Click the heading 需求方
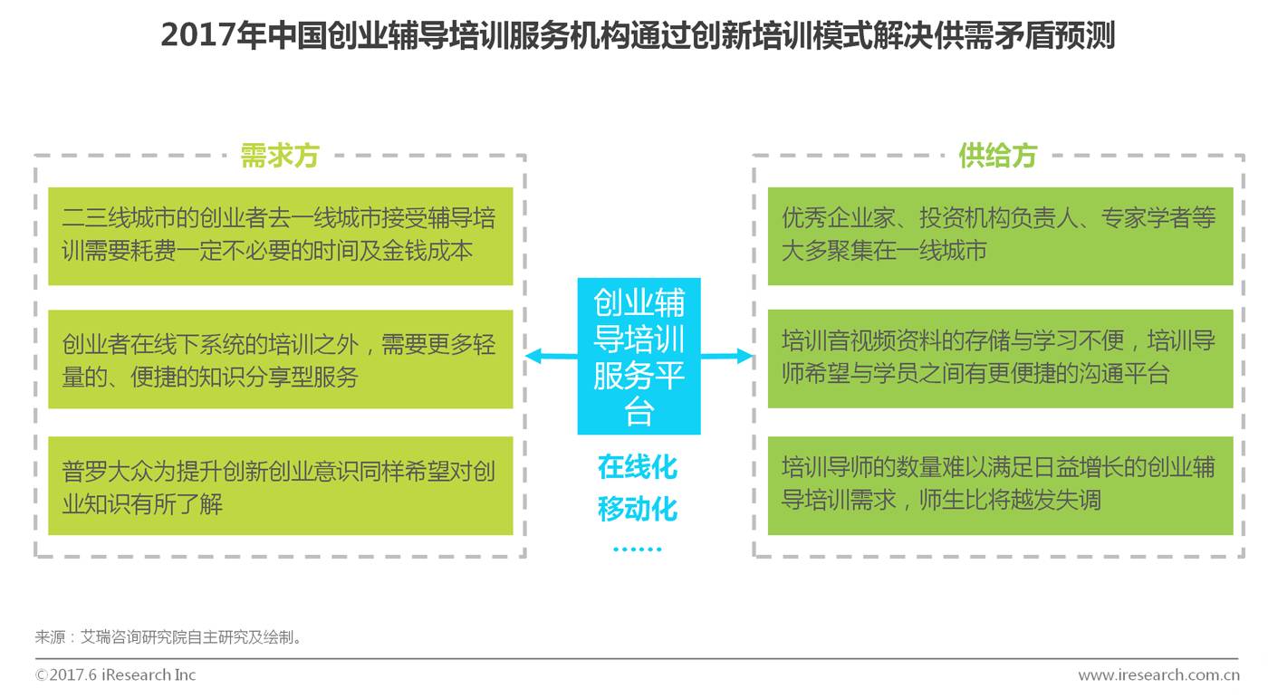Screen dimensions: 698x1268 pyautogui.click(x=280, y=156)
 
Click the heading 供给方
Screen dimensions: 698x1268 pyautogui.click(x=997, y=156)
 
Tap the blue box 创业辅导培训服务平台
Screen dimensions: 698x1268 pyautogui.click(x=639, y=357)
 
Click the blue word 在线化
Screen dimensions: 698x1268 pyautogui.click(x=638, y=467)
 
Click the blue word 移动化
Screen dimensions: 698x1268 pyautogui.click(x=638, y=509)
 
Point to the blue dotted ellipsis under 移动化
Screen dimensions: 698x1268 pyautogui.click(x=638, y=548)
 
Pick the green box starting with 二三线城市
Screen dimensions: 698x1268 pyautogui.click(x=280, y=235)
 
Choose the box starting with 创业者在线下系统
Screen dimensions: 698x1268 pyautogui.click(x=280, y=359)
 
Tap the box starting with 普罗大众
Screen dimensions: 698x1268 pyautogui.click(x=280, y=486)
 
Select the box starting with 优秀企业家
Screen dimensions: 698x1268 pyautogui.click(x=1000, y=235)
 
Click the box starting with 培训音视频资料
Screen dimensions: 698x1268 pyautogui.click(x=1000, y=359)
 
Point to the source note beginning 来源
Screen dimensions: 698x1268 pyautogui.click(x=168, y=637)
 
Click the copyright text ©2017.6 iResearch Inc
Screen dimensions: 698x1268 pyautogui.click(x=115, y=675)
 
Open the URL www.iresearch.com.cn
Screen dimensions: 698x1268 pyautogui.click(x=1158, y=675)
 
